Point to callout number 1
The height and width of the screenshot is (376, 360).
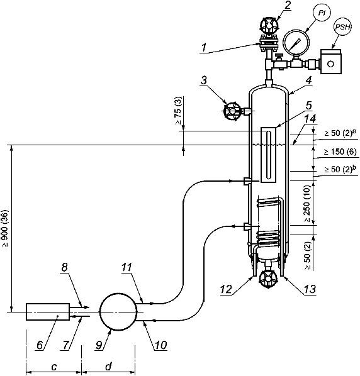coord(205,47)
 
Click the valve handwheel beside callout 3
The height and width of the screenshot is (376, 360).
coord(232,111)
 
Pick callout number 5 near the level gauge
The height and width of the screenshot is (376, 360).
coord(308,106)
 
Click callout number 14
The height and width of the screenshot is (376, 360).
coord(310,119)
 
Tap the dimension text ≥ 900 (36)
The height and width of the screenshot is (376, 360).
coord(5,228)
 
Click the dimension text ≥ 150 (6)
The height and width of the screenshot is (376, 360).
coord(340,152)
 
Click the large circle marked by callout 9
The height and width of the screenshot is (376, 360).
coord(118,311)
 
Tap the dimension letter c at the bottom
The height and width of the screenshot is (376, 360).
coord(54,367)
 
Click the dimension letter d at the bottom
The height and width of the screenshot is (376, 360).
coord(109,366)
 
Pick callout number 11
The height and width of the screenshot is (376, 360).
coord(127,267)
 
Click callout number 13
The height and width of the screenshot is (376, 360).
coord(310,289)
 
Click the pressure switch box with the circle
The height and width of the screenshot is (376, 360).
coord(330,62)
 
